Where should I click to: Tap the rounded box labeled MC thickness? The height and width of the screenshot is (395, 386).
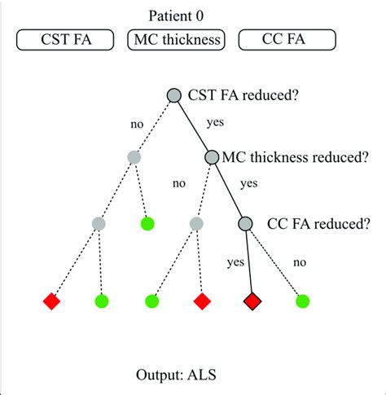(x=177, y=38)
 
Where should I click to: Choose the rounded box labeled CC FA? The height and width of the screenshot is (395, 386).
(x=286, y=38)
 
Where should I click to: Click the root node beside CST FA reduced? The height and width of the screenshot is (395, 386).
(x=173, y=95)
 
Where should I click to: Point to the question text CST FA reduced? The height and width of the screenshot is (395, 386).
(x=243, y=95)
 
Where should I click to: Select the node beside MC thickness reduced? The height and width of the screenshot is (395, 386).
(x=211, y=158)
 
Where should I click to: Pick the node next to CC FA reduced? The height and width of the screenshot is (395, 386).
(x=246, y=222)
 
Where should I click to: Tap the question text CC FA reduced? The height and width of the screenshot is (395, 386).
(x=315, y=222)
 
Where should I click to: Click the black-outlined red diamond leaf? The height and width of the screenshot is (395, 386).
(x=252, y=301)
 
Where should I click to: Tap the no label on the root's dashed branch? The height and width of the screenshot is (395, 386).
(x=138, y=127)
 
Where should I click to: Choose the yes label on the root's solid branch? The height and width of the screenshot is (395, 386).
(x=215, y=125)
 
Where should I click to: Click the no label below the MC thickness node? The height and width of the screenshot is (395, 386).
(x=178, y=184)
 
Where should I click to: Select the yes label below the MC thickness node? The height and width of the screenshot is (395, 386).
(x=249, y=185)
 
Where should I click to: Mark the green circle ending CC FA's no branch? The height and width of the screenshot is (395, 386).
(x=303, y=301)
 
